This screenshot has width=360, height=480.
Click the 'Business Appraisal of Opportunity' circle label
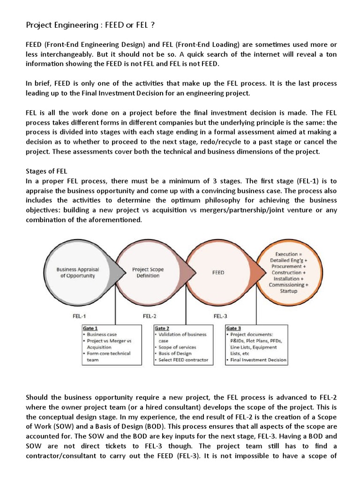coord(75,272)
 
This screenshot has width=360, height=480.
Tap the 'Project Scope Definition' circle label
coord(148,272)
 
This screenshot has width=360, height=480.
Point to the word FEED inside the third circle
coord(218,272)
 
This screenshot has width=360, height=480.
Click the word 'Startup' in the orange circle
coord(288,291)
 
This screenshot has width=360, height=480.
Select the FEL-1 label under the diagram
coord(79,316)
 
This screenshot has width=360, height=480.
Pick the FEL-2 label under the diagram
coord(150,316)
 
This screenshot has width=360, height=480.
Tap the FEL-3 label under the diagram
coord(220,316)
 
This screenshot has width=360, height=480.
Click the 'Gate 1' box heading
coord(90,328)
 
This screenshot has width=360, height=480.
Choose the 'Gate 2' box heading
coord(162,328)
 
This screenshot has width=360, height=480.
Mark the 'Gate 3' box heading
coord(233,328)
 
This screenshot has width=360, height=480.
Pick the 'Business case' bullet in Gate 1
coord(101,335)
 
